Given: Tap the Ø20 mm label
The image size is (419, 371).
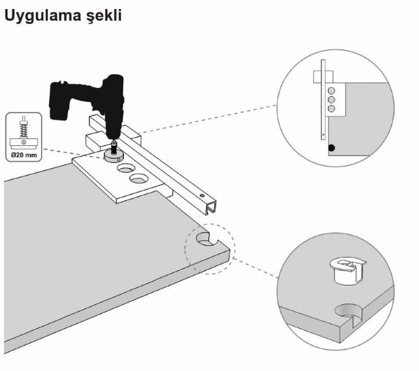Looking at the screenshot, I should (x=21, y=152).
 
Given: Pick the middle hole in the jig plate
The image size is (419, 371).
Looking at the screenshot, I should (x=126, y=168).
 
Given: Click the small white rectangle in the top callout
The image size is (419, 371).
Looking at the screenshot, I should (x=317, y=78).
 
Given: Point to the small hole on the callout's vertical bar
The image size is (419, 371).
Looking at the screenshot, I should (x=323, y=135).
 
